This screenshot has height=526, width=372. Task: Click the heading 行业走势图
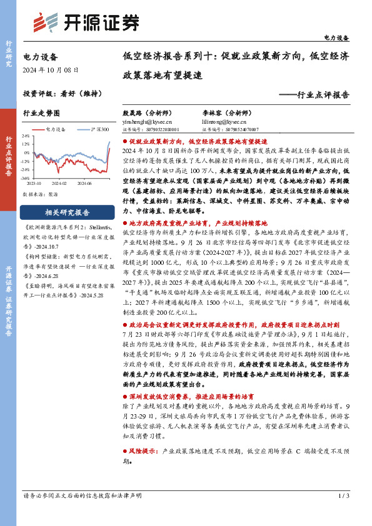coord(41,113)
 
